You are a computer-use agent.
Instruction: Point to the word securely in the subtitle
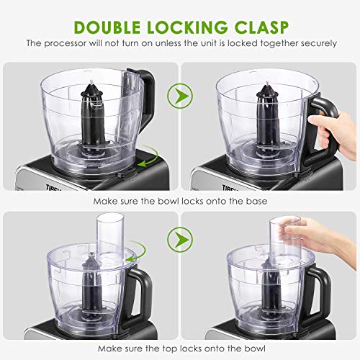316,43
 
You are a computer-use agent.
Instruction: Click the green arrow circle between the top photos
174,94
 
